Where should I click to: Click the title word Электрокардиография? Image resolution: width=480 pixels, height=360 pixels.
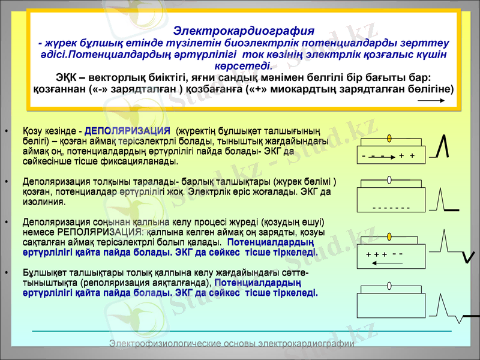tap(243, 31)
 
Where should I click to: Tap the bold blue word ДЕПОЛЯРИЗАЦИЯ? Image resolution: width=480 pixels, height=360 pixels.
tap(128, 131)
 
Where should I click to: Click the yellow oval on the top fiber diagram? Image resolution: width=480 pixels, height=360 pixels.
tap(389, 139)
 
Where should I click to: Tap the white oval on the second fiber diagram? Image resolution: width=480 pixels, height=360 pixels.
tap(389, 179)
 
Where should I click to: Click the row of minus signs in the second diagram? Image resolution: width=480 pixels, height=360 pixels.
tap(391, 208)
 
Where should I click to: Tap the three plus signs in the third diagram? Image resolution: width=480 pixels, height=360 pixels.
tap(376, 255)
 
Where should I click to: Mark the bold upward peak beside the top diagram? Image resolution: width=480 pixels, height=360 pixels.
tap(443, 148)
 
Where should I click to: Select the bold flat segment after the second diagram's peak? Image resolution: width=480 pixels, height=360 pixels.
tap(452, 210)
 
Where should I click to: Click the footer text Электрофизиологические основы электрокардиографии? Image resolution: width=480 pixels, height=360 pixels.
tap(232, 343)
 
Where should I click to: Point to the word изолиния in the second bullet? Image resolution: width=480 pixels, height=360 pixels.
tap(40, 203)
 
